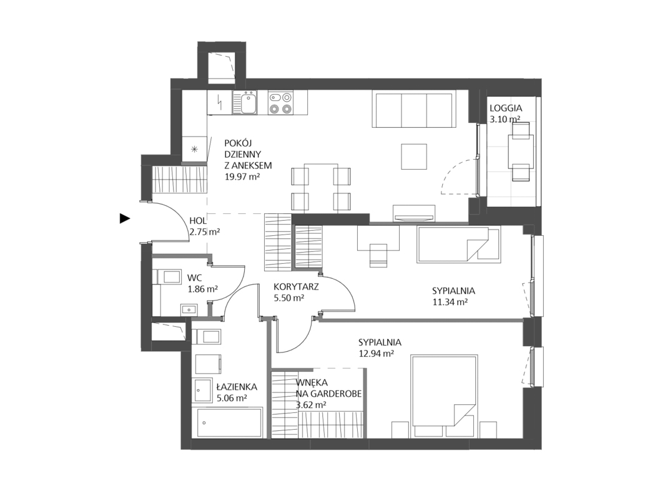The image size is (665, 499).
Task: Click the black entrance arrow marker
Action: tap(124, 218)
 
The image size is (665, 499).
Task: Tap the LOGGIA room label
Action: tap(505, 108)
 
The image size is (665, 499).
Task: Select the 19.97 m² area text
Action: tap(242, 177)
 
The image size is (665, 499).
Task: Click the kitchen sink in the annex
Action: tap(245, 104)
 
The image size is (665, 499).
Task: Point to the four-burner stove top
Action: tap(281, 104)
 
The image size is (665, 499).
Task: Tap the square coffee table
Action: tap(413, 156)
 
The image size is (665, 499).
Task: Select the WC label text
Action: tap(194, 278)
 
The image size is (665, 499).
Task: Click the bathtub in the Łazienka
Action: tap(229, 423)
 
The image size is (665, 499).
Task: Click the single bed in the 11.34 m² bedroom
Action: tap(459, 245)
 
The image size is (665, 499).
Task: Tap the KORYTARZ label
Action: tap(296, 287)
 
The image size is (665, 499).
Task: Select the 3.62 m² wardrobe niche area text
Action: tap(311, 405)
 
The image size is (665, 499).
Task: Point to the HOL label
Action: tap(198, 221)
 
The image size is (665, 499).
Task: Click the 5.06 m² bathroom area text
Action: tap(232, 398)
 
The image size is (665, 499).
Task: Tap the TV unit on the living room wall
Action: tap(414, 213)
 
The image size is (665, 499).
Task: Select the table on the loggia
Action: tap(521, 151)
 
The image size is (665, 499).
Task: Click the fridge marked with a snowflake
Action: tap(194, 149)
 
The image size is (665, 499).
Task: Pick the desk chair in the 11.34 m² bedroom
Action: tap(379, 256)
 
